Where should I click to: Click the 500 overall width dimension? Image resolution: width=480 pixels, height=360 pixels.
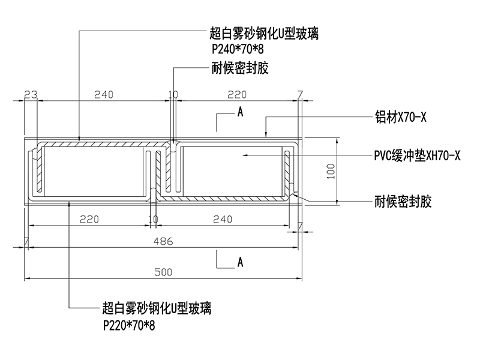click(x=163, y=272)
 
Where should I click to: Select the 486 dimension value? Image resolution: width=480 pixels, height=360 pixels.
click(x=163, y=242)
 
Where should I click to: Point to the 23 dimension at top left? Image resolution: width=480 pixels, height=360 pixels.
click(x=31, y=94)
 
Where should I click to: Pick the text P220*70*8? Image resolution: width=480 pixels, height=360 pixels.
click(x=128, y=325)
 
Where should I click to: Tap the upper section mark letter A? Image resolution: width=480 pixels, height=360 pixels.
click(x=240, y=112)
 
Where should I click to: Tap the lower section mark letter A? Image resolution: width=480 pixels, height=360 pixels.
click(x=240, y=262)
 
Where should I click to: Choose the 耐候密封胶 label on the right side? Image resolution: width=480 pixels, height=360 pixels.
click(x=403, y=201)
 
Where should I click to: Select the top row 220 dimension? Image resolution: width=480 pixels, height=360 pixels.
click(x=237, y=94)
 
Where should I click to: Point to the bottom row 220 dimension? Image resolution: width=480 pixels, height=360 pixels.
click(x=89, y=220)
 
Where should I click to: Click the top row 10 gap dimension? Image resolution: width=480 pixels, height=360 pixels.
click(x=173, y=94)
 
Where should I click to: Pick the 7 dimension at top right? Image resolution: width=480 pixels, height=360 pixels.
click(x=300, y=94)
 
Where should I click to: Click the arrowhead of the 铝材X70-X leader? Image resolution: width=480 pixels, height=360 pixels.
click(x=266, y=131)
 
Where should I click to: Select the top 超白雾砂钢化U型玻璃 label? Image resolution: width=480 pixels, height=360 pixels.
click(x=264, y=35)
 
